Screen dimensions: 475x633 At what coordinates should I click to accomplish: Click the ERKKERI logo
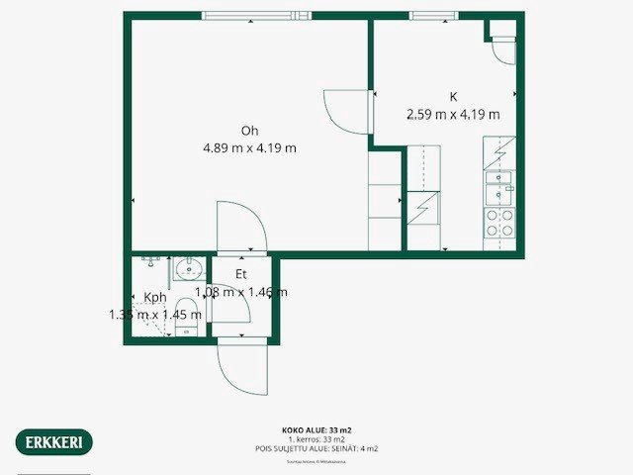click(x=55, y=441)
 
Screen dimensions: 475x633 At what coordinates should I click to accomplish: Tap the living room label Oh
click(x=250, y=131)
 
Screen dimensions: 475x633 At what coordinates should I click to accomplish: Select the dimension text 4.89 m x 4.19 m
click(x=250, y=148)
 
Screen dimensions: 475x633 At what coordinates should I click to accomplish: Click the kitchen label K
click(x=453, y=97)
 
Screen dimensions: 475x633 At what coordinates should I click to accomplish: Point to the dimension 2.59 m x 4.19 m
click(x=453, y=114)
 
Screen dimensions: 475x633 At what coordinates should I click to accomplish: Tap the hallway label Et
click(x=240, y=274)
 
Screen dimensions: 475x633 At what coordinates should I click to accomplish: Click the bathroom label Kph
click(x=155, y=297)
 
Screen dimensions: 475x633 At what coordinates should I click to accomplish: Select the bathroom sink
click(x=187, y=268)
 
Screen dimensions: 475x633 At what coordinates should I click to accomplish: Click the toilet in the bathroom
click(x=186, y=317)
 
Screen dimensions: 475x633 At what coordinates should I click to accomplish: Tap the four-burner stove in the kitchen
click(x=498, y=223)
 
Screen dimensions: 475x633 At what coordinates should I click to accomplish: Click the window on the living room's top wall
click(x=243, y=15)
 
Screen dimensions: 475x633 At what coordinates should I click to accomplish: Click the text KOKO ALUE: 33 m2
click(x=316, y=430)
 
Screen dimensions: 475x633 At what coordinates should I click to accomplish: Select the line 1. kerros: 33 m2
click(x=316, y=439)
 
